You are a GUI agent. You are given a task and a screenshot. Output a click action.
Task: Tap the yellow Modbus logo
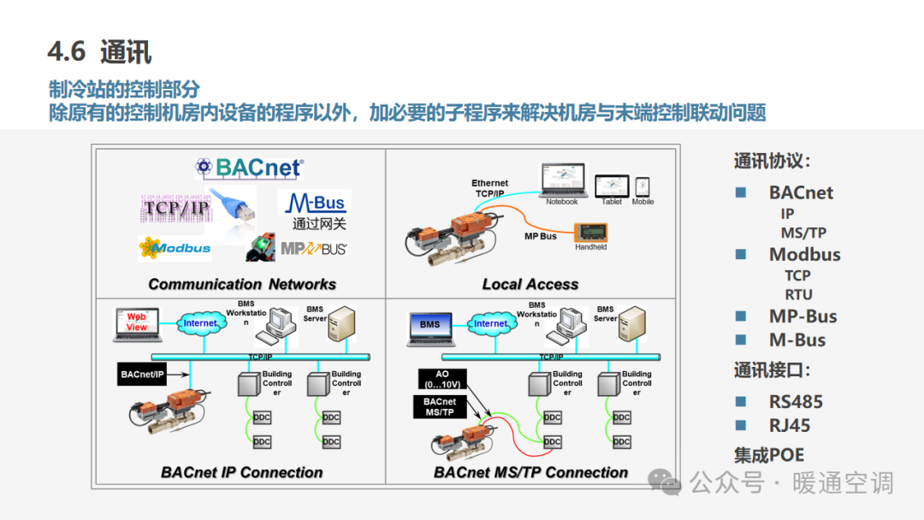(x=175, y=248)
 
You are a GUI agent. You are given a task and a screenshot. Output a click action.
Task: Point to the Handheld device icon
(x=589, y=233)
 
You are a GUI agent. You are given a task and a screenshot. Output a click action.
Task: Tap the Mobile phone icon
(x=643, y=186)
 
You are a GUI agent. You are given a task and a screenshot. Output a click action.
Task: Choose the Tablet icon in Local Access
(x=612, y=186)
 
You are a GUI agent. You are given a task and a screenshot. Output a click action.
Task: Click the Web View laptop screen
(x=137, y=322)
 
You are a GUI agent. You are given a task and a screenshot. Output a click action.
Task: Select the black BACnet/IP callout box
(x=142, y=375)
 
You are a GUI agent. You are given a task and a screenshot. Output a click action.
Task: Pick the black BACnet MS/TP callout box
(x=440, y=407)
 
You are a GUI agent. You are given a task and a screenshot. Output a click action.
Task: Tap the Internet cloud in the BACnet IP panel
(x=200, y=323)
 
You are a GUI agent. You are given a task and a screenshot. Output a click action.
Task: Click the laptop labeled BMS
(x=430, y=325)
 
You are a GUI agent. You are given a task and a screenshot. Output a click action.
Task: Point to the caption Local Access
(x=530, y=284)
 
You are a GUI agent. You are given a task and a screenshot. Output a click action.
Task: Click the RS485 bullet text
(x=795, y=401)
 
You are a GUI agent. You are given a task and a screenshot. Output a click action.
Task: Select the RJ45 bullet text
(x=789, y=425)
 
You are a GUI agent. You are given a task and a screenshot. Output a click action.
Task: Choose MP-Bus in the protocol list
(x=803, y=316)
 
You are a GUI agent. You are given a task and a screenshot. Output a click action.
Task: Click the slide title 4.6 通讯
(x=100, y=51)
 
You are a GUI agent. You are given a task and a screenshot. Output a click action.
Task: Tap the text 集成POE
(x=769, y=455)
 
